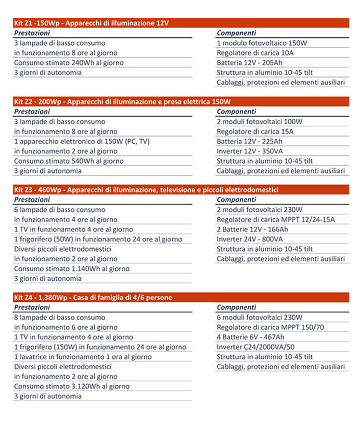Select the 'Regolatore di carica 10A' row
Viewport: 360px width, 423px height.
(x=255, y=52)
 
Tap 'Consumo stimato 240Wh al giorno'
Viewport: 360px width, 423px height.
(x=69, y=63)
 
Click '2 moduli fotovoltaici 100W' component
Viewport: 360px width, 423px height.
(x=260, y=122)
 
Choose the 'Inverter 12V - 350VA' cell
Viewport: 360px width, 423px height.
(x=250, y=151)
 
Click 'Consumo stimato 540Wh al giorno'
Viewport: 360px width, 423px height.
(x=69, y=161)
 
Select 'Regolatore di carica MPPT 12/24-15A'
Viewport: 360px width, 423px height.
(x=275, y=220)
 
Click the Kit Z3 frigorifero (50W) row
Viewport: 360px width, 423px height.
(x=98, y=239)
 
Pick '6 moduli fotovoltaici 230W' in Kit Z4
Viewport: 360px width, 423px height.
(x=260, y=318)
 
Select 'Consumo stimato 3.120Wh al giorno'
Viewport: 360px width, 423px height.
(x=71, y=386)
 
